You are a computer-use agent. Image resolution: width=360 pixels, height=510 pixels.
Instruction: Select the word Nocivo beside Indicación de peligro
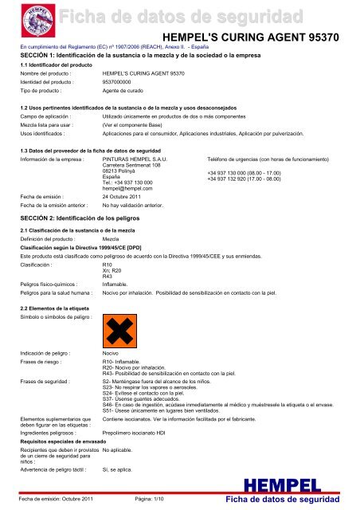(113, 374)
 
